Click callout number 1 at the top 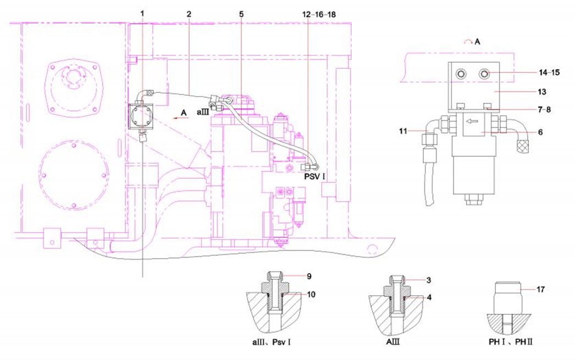pyautogui.click(x=142, y=14)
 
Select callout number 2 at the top pyautogui.click(x=189, y=14)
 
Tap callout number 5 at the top pyautogui.click(x=241, y=14)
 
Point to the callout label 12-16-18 pyautogui.click(x=319, y=14)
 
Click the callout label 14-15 pyautogui.click(x=549, y=73)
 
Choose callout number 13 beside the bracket pyautogui.click(x=542, y=91)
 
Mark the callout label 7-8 pyautogui.click(x=543, y=109)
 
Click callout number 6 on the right pyautogui.click(x=540, y=132)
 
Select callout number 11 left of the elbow pyautogui.click(x=403, y=131)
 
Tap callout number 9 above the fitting pyautogui.click(x=309, y=276)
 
